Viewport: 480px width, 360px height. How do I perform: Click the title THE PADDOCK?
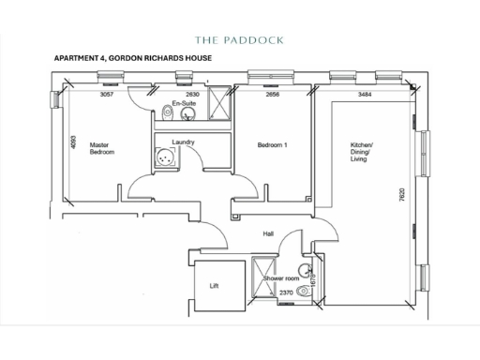pyautogui.click(x=239, y=40)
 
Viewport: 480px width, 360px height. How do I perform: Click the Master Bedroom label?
pyautogui.click(x=101, y=148)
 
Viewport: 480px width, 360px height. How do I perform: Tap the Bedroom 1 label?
pyautogui.click(x=272, y=145)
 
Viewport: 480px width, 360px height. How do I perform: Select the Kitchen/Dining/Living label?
pyautogui.click(x=362, y=152)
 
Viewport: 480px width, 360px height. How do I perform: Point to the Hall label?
pyautogui.click(x=268, y=232)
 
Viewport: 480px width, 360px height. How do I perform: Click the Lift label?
pyautogui.click(x=213, y=286)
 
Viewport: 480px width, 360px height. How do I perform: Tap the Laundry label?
pyautogui.click(x=183, y=142)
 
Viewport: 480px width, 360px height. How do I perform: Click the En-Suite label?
pyautogui.click(x=183, y=104)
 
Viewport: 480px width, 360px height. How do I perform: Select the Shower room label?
pyautogui.click(x=280, y=278)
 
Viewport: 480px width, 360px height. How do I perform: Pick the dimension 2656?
pyautogui.click(x=273, y=95)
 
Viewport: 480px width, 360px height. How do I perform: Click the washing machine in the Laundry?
pyautogui.click(x=167, y=160)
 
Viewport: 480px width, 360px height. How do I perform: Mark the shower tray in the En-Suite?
pyautogui.click(x=219, y=102)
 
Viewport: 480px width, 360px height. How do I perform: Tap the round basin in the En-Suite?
pyautogui.click(x=187, y=115)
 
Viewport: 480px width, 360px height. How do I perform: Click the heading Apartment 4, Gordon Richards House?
pyautogui.click(x=134, y=59)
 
